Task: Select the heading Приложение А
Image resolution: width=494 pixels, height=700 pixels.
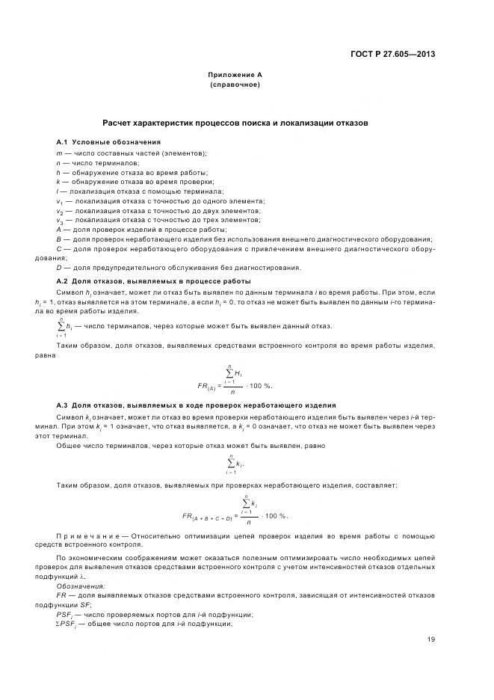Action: (235, 75)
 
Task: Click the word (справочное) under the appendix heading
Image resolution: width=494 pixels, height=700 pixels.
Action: (235, 85)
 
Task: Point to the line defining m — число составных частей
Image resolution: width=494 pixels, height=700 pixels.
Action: (131, 153)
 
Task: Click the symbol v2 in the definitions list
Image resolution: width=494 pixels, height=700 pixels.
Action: (59, 211)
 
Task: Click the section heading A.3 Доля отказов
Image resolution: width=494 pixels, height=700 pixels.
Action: (196, 405)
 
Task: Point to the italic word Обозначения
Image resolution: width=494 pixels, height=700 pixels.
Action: (80, 586)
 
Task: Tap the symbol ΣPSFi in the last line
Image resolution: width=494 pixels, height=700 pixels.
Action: (69, 624)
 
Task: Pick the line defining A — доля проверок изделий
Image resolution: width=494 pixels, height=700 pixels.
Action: (141, 230)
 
